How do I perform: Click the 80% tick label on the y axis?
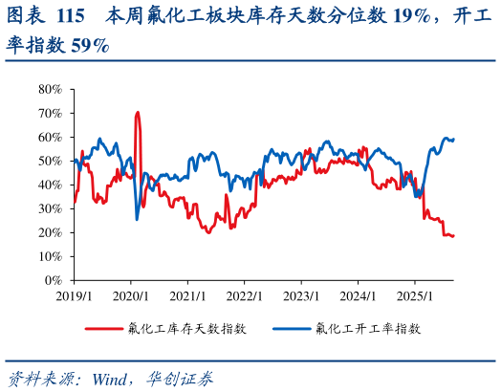click(50, 89)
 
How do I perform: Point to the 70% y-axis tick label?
click(50, 113)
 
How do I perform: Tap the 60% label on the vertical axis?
click(50, 137)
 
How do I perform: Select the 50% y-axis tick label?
click(50, 161)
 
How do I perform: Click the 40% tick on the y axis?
click(50, 185)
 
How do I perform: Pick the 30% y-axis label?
click(50, 208)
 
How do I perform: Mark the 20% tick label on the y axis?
click(50, 232)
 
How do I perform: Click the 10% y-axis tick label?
click(50, 256)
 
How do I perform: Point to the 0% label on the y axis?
click(54, 280)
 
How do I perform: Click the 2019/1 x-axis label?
click(74, 296)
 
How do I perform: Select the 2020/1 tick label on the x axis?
click(131, 296)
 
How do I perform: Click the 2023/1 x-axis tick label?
click(300, 296)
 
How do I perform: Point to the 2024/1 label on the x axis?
click(358, 296)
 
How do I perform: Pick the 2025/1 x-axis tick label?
click(414, 296)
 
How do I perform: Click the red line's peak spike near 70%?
click(138, 113)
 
